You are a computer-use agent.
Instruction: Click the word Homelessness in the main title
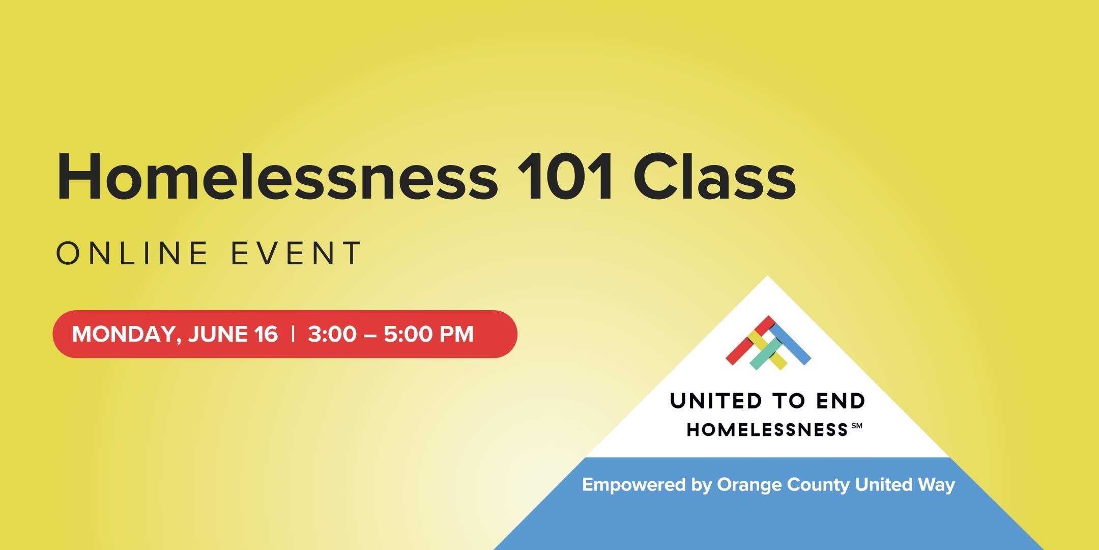point(278,176)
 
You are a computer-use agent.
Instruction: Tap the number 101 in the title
point(565,176)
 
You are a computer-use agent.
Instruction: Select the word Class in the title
point(714,176)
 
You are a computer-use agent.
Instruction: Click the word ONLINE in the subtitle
point(132,253)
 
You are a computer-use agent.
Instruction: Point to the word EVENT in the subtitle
point(296,253)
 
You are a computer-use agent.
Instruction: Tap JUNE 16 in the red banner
point(233,334)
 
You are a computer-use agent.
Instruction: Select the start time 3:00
point(332,334)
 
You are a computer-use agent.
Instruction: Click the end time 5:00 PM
point(428,334)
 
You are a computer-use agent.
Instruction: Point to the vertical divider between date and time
point(293,334)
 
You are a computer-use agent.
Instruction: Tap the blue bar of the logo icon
point(790,344)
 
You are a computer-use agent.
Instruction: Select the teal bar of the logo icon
point(766,354)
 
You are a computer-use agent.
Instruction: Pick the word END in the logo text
point(841,401)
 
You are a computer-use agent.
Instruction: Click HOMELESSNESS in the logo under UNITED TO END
point(767,430)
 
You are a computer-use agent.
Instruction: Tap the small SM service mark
point(857,426)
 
